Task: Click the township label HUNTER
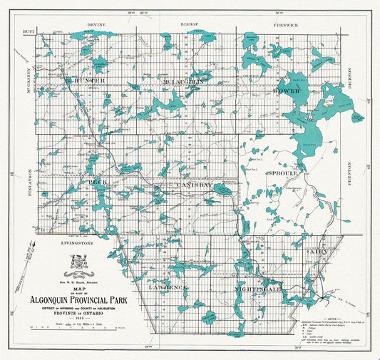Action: pos(88,81)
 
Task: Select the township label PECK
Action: pos(98,182)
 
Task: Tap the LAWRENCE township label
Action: pos(168,286)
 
